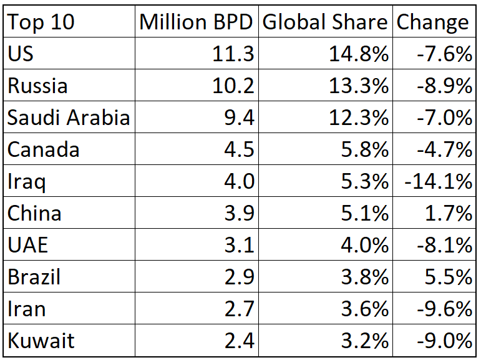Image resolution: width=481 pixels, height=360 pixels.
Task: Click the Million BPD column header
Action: [197, 22]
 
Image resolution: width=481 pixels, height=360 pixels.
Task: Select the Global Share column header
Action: [325, 22]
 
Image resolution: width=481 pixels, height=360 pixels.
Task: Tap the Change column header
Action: [433, 22]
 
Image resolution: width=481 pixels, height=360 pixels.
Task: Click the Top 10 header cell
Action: [41, 22]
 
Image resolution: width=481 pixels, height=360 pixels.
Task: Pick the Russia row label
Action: [37, 86]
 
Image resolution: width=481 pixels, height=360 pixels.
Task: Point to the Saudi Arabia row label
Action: [69, 117]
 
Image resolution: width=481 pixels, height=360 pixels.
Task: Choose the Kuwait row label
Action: [41, 341]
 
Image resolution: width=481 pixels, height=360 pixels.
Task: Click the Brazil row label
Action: [34, 277]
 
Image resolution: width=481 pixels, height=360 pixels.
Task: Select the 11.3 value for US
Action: [232, 54]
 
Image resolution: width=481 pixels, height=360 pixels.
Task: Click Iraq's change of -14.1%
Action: [437, 182]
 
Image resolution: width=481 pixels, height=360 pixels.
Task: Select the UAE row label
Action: [27, 246]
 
